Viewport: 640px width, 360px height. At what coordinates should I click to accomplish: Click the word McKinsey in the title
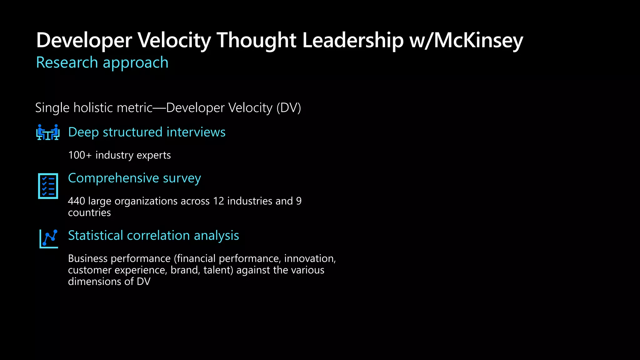coord(478,40)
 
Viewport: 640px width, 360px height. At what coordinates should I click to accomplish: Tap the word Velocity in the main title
coord(174,40)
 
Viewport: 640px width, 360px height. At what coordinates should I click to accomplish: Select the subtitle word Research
coord(67,62)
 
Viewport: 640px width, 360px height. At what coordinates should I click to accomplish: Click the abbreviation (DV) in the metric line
coord(288,108)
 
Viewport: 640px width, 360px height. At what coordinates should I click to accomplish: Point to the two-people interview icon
coord(48,132)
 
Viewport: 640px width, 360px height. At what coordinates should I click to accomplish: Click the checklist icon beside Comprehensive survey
coord(48,186)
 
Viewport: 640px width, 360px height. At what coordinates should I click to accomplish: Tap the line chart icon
coord(49,239)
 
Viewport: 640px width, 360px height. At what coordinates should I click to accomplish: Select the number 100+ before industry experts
coord(80,155)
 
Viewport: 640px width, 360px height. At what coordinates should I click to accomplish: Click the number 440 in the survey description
coord(77,201)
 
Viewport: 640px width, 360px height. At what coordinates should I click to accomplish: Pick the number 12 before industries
coord(219,201)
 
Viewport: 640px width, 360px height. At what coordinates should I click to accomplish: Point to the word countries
coord(89,213)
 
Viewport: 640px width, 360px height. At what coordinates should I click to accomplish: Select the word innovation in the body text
coord(309,259)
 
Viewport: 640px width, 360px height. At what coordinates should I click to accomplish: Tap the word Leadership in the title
coord(353,40)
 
